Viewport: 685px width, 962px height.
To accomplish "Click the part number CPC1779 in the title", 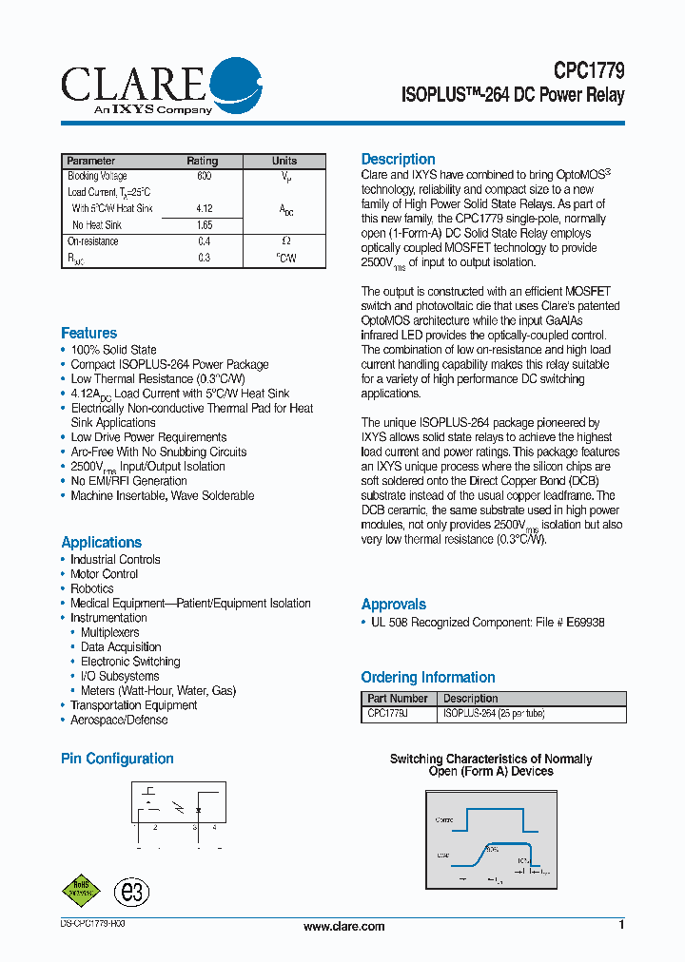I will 589,71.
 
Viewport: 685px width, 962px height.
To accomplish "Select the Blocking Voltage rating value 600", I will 204,177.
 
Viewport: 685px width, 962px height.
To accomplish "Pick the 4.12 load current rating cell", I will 204,208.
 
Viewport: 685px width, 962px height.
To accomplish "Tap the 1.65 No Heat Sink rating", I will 204,225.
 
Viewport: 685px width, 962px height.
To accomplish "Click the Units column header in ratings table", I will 284,161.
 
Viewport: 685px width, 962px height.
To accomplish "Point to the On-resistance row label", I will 93,241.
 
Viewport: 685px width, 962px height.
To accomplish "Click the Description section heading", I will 398,160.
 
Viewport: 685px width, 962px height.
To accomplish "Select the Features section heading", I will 88,333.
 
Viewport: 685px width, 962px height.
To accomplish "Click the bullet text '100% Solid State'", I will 113,350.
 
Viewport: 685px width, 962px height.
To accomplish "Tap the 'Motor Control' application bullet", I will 104,574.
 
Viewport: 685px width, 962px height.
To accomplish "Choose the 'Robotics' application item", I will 91,588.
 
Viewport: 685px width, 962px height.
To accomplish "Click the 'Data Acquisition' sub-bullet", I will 121,647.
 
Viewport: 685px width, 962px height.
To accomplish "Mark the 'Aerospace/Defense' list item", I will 119,720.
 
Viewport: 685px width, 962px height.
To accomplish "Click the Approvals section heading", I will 393,605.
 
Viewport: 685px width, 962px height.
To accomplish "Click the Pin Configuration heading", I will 117,759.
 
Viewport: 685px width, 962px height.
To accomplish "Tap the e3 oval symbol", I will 131,892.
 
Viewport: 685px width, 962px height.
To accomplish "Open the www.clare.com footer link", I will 343,927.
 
